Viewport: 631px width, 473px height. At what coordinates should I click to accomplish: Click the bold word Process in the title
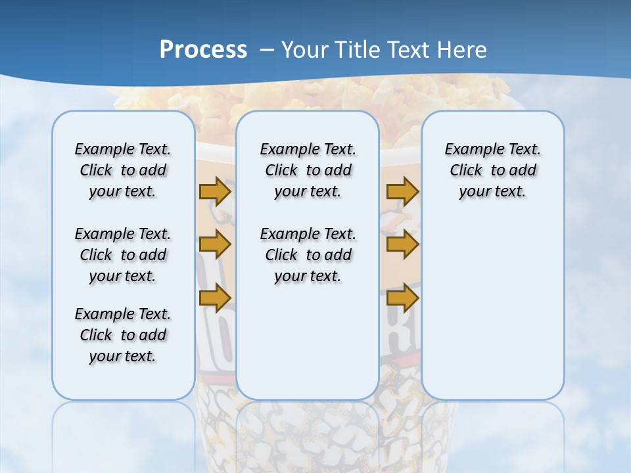[x=203, y=50]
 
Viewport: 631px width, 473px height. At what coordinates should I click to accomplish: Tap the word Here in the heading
[x=463, y=50]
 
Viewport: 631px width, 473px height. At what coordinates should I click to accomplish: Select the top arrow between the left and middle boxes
[x=215, y=191]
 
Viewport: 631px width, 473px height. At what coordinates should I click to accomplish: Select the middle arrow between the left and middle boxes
[x=215, y=244]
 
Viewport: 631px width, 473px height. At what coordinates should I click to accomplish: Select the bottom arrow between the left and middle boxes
[x=215, y=298]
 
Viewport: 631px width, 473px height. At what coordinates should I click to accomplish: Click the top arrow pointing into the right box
[x=402, y=191]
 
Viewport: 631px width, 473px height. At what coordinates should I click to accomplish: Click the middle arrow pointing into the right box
[x=402, y=244]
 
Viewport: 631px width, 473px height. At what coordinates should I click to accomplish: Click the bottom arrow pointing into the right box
[x=402, y=298]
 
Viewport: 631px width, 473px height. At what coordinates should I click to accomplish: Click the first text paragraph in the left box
[x=123, y=170]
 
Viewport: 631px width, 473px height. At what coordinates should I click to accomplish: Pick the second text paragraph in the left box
[x=123, y=255]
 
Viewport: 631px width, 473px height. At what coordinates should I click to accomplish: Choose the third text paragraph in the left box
[x=123, y=335]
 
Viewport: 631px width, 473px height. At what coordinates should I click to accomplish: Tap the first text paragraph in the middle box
[x=308, y=170]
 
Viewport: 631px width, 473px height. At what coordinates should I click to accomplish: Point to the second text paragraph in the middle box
[x=308, y=255]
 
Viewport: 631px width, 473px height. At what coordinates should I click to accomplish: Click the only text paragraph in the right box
[x=493, y=170]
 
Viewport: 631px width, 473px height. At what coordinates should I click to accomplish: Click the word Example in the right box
[x=469, y=150]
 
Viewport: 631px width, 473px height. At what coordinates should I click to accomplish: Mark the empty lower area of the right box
[x=493, y=302]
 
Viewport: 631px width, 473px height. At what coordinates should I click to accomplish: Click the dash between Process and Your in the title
[x=266, y=50]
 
